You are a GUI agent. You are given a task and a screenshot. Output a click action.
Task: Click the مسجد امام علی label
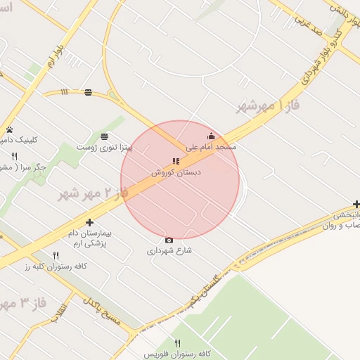(211, 148)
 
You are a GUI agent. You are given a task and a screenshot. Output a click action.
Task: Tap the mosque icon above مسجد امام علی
(211, 136)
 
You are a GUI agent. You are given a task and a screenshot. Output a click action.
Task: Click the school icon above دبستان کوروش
(175, 162)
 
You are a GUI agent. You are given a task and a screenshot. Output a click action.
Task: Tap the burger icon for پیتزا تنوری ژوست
(104, 136)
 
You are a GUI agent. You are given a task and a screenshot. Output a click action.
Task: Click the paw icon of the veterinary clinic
(10, 129)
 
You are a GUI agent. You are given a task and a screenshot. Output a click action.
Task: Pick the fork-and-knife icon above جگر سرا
(14, 156)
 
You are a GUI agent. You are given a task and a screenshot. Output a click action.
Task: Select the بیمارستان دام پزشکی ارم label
(89, 237)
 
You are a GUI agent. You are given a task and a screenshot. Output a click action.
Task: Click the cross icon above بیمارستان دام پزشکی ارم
(89, 223)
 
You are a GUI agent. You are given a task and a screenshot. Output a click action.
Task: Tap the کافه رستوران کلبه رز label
(56, 266)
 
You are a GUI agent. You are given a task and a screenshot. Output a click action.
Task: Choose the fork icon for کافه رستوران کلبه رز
(56, 255)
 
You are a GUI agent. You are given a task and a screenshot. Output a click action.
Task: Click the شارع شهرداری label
(169, 250)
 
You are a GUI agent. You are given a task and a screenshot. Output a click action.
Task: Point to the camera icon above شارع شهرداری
(169, 240)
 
